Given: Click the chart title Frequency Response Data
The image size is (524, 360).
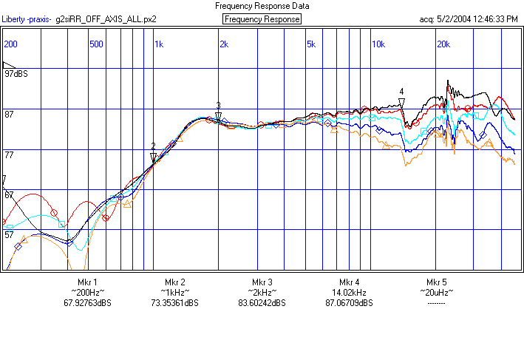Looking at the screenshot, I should click(x=262, y=6).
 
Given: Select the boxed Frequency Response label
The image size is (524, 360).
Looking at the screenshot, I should click(x=262, y=19).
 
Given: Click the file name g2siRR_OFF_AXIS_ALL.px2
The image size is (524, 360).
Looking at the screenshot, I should click(x=106, y=19).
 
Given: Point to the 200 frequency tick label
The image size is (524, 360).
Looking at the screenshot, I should click(x=11, y=44).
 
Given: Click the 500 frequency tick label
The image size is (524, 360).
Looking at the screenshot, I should click(x=96, y=44).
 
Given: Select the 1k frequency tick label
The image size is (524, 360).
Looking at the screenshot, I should click(x=159, y=44).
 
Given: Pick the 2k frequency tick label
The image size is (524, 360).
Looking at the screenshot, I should click(x=223, y=44).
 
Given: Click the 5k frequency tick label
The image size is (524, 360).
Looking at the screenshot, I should click(x=310, y=44).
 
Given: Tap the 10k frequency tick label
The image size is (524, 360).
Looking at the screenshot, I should click(x=378, y=44).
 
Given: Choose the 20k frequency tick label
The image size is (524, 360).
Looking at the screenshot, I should click(x=443, y=44).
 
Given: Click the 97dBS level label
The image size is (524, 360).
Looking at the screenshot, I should click(x=16, y=75).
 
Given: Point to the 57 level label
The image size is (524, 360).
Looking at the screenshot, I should click(x=10, y=234).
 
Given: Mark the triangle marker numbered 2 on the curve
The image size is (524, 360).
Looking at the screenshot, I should click(x=154, y=156).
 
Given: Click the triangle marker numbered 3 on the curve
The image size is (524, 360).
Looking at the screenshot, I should click(x=219, y=115).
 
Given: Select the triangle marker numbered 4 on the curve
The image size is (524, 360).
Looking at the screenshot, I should click(x=402, y=103).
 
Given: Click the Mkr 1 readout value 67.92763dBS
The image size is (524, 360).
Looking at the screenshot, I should click(x=87, y=303).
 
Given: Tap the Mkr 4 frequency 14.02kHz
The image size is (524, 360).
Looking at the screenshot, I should click(x=350, y=293).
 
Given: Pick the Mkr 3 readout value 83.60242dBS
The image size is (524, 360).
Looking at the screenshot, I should click(x=262, y=303).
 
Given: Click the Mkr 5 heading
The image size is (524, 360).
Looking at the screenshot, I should click(x=437, y=282).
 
